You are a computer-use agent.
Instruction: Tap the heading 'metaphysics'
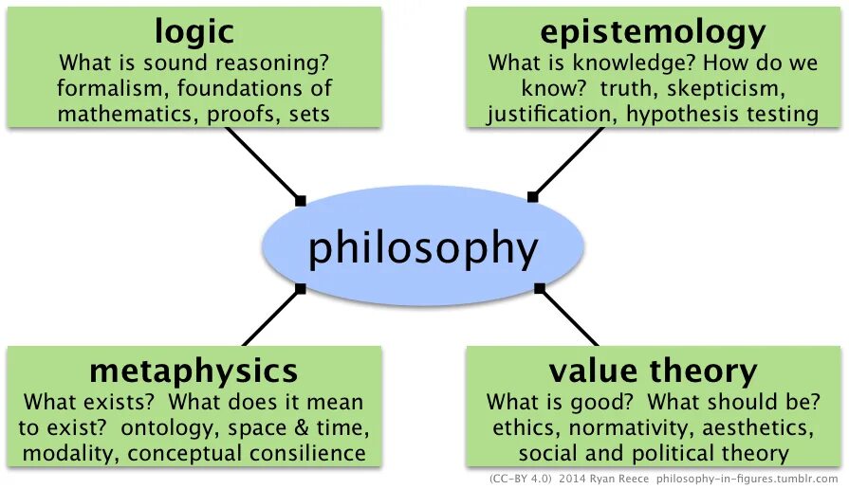pyautogui.click(x=194, y=370)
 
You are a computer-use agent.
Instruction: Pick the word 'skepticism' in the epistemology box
pyautogui.click(x=731, y=89)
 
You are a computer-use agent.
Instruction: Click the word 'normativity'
pyautogui.click(x=620, y=426)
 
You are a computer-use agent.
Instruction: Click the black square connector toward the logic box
pyautogui.click(x=301, y=200)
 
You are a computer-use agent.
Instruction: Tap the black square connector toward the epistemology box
pyautogui.click(x=532, y=197)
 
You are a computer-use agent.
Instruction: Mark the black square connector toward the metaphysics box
pyautogui.click(x=301, y=288)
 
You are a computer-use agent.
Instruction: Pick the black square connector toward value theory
pyautogui.click(x=539, y=287)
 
